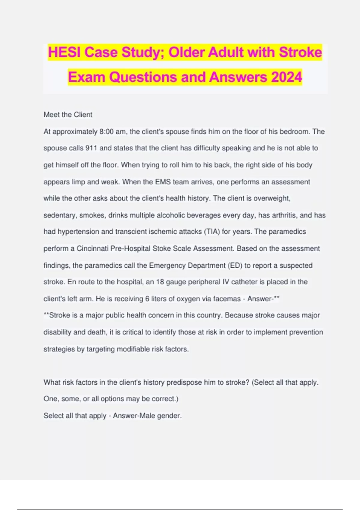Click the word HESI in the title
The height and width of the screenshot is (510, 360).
pos(64,52)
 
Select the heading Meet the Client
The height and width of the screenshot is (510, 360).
pos(68,115)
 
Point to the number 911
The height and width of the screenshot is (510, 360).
pos(91,148)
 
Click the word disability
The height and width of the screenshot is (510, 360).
pos(57,332)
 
